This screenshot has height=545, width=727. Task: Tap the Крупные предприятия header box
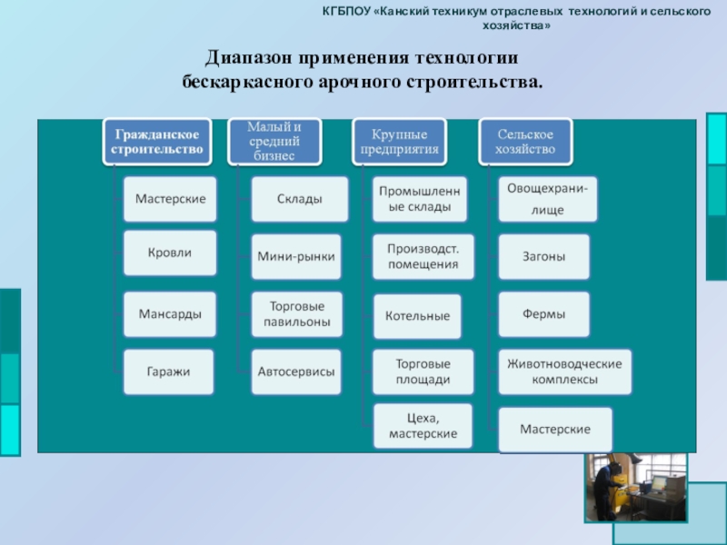[x=400, y=143]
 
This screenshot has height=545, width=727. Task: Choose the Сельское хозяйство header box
[x=525, y=141]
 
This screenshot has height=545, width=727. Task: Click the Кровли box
[x=170, y=253]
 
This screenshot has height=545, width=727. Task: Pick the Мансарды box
[x=170, y=313]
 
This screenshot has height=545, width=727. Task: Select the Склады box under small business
[x=299, y=199]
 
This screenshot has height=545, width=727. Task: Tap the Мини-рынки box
[x=296, y=257]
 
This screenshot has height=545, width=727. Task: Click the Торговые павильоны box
[x=296, y=313]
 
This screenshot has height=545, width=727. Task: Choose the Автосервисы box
[x=296, y=372]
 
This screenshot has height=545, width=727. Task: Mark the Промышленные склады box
[x=420, y=199]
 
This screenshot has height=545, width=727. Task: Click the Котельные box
[x=418, y=316]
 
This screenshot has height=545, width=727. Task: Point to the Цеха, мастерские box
[x=423, y=427]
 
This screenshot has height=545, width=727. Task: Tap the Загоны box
[x=543, y=257]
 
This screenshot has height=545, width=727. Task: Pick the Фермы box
[x=543, y=314]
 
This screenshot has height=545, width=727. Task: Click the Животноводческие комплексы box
[x=564, y=372]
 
